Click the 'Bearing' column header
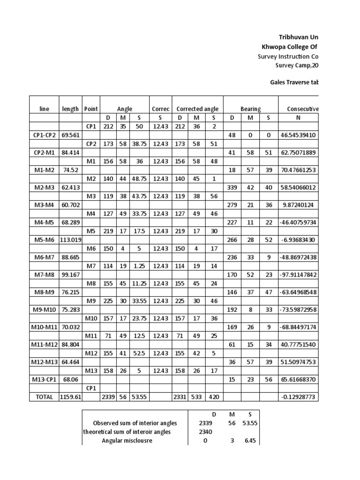click(250, 109)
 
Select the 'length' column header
click(70, 109)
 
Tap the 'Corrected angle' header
click(197, 109)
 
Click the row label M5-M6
click(44, 240)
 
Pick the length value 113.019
click(70, 240)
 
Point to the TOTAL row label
click(44, 397)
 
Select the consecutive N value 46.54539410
click(299, 135)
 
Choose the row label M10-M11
click(44, 327)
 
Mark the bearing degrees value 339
click(232, 187)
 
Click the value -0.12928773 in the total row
click(299, 397)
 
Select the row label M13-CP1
click(44, 379)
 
